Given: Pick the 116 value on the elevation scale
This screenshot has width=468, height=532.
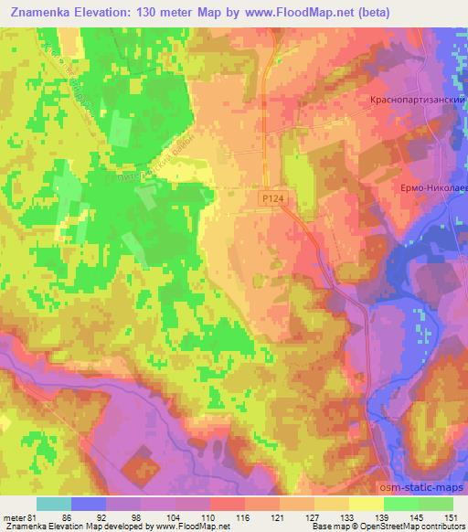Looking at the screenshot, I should click(x=244, y=517).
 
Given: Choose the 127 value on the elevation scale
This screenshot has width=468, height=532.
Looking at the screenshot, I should click(x=313, y=517).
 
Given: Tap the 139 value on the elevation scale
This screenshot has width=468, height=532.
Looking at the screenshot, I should click(x=382, y=517).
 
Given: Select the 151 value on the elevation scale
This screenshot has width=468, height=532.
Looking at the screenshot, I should click(x=452, y=517).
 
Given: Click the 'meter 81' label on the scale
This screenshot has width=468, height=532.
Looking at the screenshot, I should click(x=21, y=517).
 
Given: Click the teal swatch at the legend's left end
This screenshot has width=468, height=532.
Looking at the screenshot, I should click(x=54, y=504).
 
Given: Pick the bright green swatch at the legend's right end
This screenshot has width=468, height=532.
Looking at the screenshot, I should click(x=436, y=504).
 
